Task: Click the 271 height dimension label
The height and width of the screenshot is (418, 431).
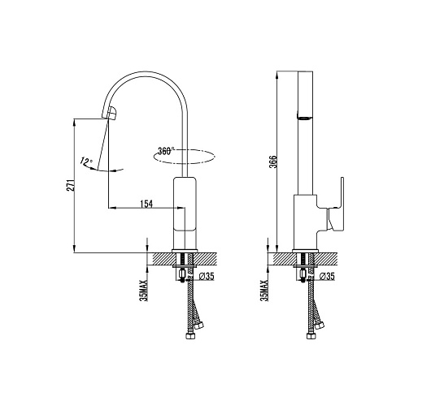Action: point(71,185)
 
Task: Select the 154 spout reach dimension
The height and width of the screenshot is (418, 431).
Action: point(146,204)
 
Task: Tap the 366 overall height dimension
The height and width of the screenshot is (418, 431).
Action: point(273,162)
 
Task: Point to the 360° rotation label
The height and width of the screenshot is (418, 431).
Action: point(166,151)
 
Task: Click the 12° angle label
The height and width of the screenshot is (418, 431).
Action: point(86,161)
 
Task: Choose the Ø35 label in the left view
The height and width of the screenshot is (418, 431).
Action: point(207,276)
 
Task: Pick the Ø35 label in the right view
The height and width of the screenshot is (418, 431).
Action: point(327,276)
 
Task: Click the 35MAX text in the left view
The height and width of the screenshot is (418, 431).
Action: point(144,291)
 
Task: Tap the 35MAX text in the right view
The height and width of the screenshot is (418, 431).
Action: point(265,291)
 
